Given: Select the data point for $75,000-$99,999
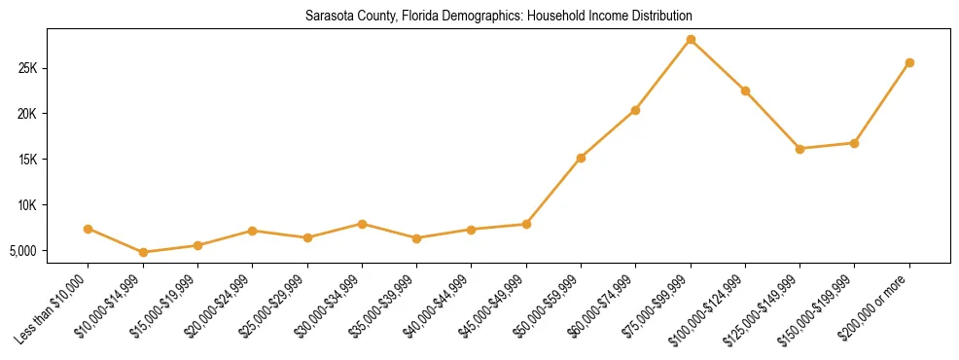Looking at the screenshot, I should (691, 40).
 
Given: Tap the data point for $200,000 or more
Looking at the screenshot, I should (909, 63).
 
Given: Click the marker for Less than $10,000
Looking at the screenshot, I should (89, 229).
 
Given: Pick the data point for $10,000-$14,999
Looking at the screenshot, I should (143, 252).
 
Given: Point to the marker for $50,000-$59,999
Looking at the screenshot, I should (581, 158).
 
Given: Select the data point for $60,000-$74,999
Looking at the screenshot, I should (635, 110).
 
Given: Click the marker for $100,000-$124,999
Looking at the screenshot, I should (745, 90).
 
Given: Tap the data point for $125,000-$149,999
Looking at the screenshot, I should (799, 149).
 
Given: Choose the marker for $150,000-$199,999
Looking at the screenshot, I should (854, 143).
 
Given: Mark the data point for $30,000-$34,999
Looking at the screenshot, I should (362, 224).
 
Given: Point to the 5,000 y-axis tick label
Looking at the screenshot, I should (49, 251).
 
